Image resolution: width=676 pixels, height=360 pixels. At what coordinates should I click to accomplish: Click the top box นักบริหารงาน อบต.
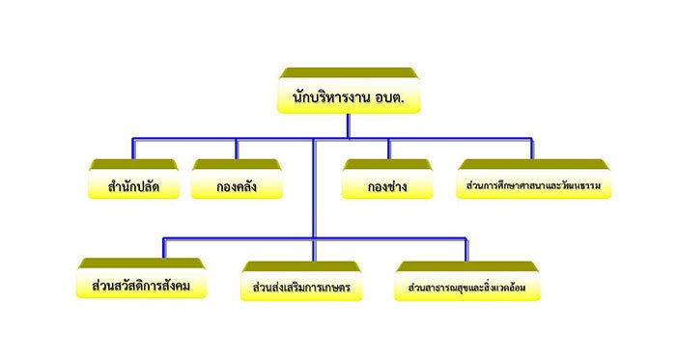click(x=349, y=91)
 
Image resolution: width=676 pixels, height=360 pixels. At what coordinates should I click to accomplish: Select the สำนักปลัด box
click(x=133, y=180)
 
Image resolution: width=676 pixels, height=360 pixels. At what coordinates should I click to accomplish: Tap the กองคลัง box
click(x=237, y=180)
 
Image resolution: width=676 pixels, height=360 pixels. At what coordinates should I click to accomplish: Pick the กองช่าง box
click(x=387, y=180)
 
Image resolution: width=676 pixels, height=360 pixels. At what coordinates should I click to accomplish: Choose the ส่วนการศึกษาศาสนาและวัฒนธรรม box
click(x=534, y=180)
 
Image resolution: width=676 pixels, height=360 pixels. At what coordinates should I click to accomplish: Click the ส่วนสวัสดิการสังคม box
click(x=141, y=278)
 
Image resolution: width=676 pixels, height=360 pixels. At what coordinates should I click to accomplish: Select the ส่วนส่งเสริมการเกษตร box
click(x=301, y=281)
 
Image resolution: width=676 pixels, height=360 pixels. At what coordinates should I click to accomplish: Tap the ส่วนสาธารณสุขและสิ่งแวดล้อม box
click(x=467, y=281)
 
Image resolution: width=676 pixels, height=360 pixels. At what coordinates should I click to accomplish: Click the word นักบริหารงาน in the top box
click(x=331, y=97)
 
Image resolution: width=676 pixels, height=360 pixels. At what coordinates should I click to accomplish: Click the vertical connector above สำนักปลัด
click(x=133, y=149)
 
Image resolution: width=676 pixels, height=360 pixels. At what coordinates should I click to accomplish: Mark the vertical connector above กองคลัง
click(x=237, y=149)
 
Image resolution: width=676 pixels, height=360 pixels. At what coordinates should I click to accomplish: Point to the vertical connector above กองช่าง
click(x=388, y=149)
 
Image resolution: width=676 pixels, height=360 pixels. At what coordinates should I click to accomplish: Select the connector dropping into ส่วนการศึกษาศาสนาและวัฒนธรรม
click(x=532, y=149)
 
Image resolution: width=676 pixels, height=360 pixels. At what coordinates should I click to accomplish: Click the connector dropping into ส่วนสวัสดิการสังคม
click(x=164, y=248)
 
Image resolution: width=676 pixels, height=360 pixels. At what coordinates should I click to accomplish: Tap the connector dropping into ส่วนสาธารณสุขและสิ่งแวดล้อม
click(x=466, y=249)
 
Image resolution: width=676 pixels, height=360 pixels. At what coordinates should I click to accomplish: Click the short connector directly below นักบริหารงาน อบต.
click(x=349, y=126)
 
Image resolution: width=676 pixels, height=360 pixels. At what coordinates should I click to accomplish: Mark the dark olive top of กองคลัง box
click(x=237, y=164)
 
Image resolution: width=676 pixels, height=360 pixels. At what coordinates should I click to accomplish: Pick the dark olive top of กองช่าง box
click(x=387, y=164)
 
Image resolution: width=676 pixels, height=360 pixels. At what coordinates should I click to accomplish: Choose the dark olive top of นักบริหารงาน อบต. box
click(x=349, y=72)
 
